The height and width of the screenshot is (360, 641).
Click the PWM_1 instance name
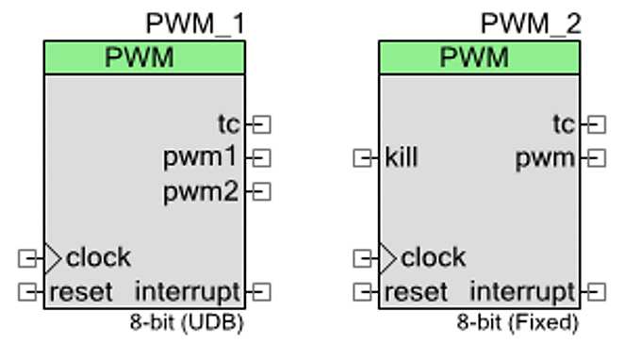coord(195,23)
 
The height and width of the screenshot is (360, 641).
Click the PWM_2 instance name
coord(531,23)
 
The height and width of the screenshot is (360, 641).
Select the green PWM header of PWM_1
coord(144,57)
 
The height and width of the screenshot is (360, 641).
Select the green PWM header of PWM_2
coord(480,57)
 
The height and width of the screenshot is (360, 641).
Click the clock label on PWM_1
coord(98,257)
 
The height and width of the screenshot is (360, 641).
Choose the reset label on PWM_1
coord(80,291)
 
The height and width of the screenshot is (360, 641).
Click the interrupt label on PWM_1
coord(188,291)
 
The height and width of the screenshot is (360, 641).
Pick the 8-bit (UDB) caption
coord(187,322)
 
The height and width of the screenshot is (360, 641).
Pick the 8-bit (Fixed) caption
coord(518,322)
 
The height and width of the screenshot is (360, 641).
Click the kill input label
coord(402,157)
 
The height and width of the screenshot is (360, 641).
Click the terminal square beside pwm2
coord(263,192)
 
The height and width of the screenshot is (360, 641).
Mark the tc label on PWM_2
coord(564,123)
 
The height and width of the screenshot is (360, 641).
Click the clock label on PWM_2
coord(433,257)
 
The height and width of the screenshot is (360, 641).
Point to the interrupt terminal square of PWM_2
coord(598,292)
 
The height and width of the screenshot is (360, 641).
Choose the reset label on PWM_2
coord(416,291)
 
